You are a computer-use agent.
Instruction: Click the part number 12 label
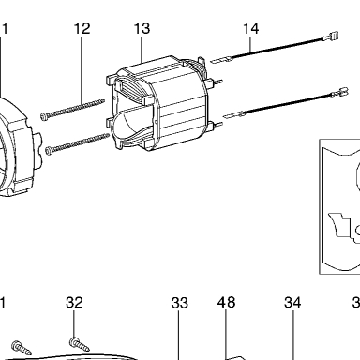(x=82, y=28)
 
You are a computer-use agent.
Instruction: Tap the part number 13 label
(x=142, y=28)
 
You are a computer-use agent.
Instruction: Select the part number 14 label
(x=251, y=28)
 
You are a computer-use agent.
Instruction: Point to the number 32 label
(x=74, y=303)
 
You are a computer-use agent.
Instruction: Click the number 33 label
(x=180, y=303)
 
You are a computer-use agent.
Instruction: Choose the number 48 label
(x=226, y=302)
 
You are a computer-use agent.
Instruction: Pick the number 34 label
(x=292, y=303)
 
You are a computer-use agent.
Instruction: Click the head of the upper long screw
(x=44, y=116)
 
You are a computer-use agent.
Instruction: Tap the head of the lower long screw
(x=49, y=151)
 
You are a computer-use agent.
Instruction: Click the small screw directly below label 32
(x=80, y=344)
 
